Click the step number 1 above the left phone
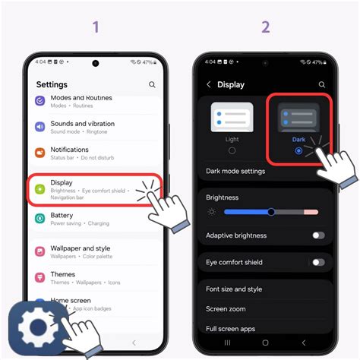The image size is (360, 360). click(x=96, y=27)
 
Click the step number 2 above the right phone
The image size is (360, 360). click(x=265, y=27)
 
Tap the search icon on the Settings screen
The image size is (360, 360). click(x=153, y=85)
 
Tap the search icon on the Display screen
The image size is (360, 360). click(x=321, y=85)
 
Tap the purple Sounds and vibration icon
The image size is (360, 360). click(x=40, y=127)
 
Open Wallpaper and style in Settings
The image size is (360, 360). click(x=80, y=252)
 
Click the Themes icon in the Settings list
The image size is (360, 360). click(x=40, y=278)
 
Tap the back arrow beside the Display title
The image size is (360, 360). click(x=209, y=85)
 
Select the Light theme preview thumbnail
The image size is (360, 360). click(x=232, y=118)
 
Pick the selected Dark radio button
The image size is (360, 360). click(x=298, y=151)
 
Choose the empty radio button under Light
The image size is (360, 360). click(x=232, y=151)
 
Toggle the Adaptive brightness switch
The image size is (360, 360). click(x=318, y=235)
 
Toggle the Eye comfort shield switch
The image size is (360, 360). click(x=318, y=262)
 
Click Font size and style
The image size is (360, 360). click(x=234, y=289)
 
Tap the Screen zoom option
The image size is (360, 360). click(x=226, y=309)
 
